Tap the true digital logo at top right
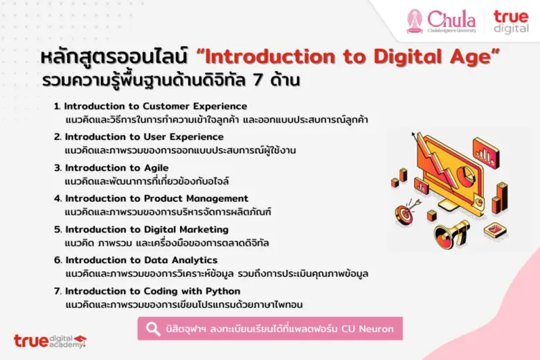tap(511, 21)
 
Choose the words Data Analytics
tap(182, 260)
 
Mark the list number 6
tap(57, 260)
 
